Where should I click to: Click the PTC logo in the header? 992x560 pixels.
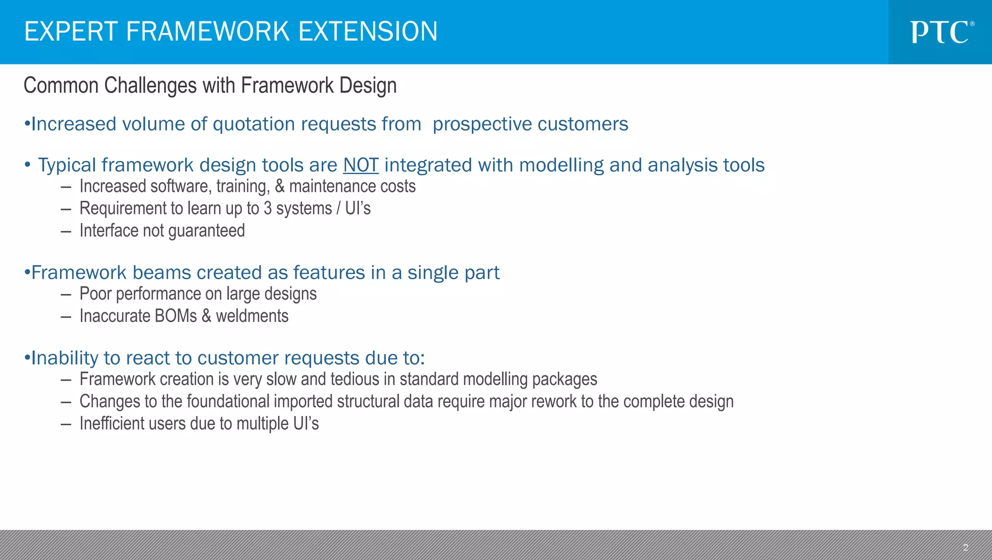pyautogui.click(x=942, y=32)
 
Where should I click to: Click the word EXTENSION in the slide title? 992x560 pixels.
pyautogui.click(x=368, y=32)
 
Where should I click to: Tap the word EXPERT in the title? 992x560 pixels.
pyautogui.click(x=71, y=32)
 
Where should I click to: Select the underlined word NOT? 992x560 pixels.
pyautogui.click(x=360, y=165)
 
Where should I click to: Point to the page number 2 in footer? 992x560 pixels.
pyautogui.click(x=965, y=547)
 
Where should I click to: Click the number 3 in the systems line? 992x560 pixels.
pyautogui.click(x=267, y=208)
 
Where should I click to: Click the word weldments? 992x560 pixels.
pyautogui.click(x=252, y=316)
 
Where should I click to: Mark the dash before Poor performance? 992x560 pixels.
pyautogui.click(x=66, y=294)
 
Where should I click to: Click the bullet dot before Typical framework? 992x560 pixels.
pyautogui.click(x=28, y=165)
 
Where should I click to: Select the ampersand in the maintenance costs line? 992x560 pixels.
pyautogui.click(x=279, y=187)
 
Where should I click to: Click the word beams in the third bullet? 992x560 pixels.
pyautogui.click(x=162, y=273)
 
